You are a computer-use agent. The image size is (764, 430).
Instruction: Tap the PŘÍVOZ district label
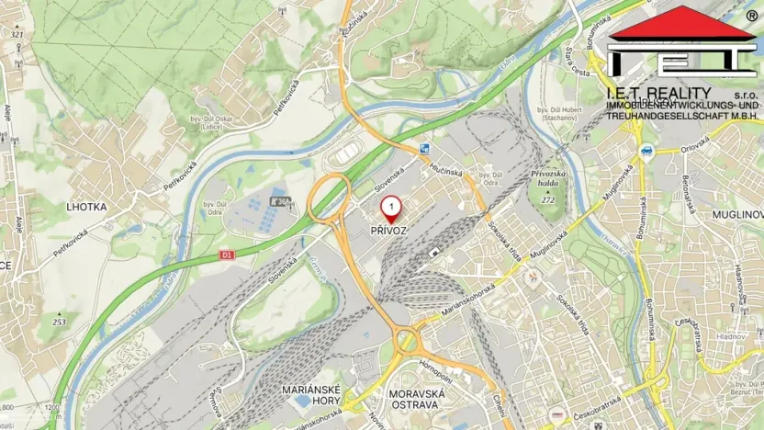coord(389,231)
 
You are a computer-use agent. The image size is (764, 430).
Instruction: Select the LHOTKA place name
coord(86,208)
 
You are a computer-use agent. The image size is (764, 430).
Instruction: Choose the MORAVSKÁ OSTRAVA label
coord(417,398)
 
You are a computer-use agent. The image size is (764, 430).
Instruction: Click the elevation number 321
coord(17,34)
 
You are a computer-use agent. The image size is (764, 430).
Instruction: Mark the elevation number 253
coord(60,322)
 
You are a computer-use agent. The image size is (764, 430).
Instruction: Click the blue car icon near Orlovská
coord(646,150)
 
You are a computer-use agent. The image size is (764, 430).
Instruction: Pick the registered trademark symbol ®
coord(751,16)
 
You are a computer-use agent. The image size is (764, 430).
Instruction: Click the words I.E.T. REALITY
coord(657,93)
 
